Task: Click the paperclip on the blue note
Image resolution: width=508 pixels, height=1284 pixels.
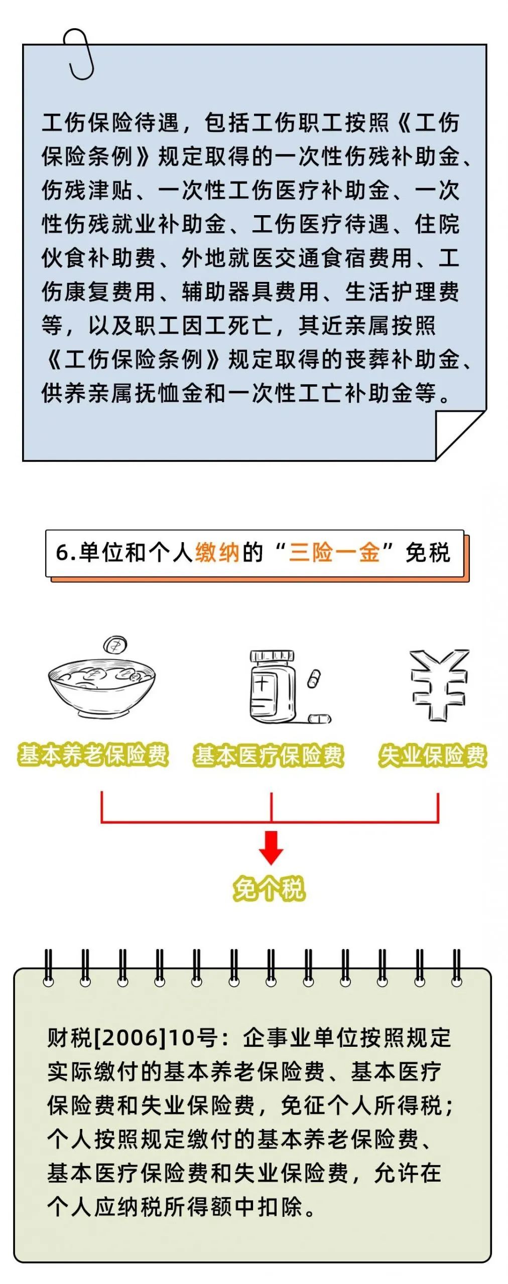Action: click(80, 54)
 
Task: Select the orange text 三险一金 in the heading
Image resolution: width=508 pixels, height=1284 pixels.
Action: click(334, 553)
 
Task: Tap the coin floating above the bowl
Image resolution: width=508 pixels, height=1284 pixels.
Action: click(115, 645)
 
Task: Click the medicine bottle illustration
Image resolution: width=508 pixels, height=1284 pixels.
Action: click(273, 687)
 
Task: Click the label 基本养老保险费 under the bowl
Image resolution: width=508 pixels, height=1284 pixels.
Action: click(93, 755)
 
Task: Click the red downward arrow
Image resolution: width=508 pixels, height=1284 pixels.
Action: click(271, 847)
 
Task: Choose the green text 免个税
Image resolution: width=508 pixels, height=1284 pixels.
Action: click(269, 889)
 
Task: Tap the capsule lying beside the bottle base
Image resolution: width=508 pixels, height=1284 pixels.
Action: click(318, 719)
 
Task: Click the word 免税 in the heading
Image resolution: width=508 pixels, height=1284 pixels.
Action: click(428, 553)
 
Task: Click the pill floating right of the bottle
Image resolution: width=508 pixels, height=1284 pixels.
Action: click(313, 679)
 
